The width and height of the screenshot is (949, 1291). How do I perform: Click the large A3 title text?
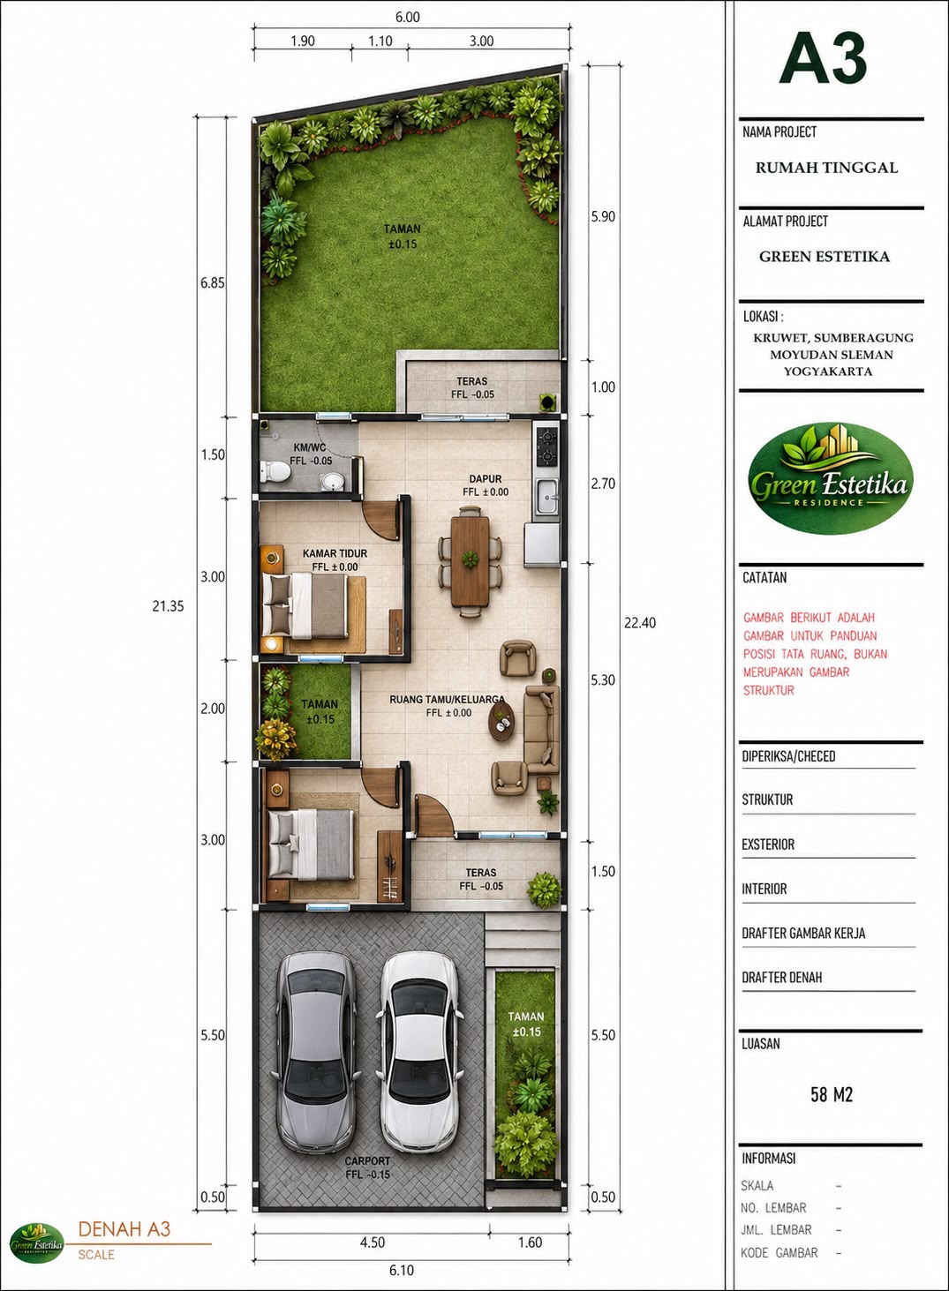click(x=824, y=58)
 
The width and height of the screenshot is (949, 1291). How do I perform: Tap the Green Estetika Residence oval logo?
click(x=830, y=477)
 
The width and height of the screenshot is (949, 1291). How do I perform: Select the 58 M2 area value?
click(x=832, y=1094)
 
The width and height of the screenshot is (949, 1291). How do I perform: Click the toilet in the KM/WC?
click(x=275, y=471)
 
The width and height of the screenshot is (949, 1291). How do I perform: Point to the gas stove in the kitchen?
click(x=546, y=447)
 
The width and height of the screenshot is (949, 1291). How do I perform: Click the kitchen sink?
click(x=546, y=497)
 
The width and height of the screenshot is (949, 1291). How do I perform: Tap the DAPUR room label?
click(x=485, y=479)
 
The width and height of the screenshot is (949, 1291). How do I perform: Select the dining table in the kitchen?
click(x=470, y=560)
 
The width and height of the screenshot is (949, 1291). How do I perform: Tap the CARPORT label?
click(x=367, y=1160)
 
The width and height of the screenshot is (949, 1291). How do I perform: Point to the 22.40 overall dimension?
click(x=639, y=622)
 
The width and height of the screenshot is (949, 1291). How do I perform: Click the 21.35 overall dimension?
click(x=168, y=605)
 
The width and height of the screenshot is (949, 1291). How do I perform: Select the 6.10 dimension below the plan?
click(x=402, y=1270)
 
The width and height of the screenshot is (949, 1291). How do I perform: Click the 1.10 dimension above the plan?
click(x=380, y=41)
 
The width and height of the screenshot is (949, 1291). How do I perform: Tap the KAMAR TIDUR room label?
click(x=335, y=553)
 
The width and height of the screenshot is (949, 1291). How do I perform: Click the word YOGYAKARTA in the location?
click(x=827, y=372)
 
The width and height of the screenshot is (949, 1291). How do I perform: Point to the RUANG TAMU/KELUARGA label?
click(x=447, y=700)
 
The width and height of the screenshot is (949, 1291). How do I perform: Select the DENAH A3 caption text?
click(x=124, y=1229)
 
